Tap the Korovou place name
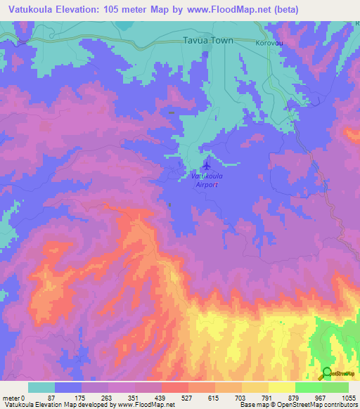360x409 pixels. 269,42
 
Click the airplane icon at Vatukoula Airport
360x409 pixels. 206,167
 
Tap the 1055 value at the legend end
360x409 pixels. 348,397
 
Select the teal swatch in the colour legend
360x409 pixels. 41,387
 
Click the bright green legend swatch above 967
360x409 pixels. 308,387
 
